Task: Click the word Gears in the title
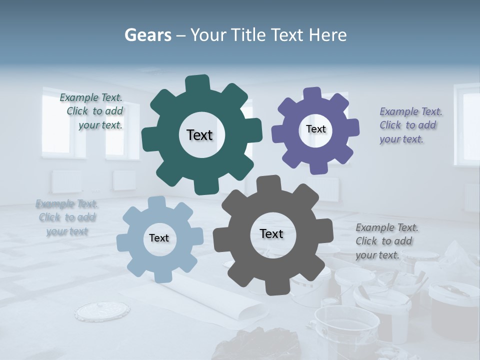tap(148, 35)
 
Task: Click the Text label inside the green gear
tap(199, 135)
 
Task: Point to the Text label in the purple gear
tap(315, 129)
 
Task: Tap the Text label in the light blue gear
tap(159, 238)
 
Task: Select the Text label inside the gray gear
tap(271, 234)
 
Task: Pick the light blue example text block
tap(67, 217)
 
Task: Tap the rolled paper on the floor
tap(235, 300)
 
